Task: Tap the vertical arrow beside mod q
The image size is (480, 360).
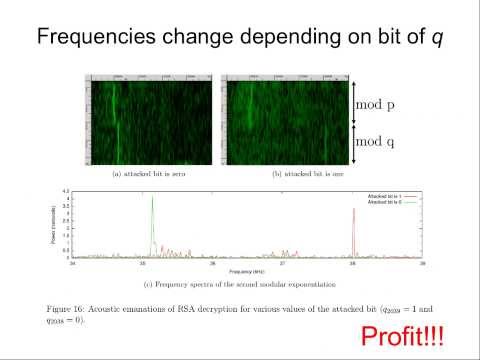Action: pyautogui.click(x=350, y=143)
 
